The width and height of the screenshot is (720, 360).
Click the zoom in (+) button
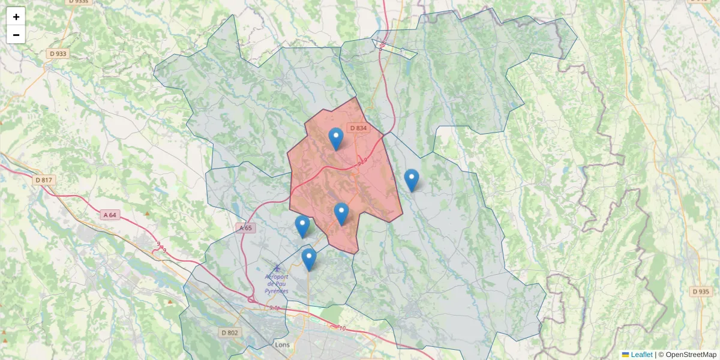pos(16,17)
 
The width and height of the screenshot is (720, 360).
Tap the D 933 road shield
pos(58,53)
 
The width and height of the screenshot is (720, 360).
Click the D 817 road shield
pos(44,180)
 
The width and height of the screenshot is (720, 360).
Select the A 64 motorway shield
pos(109,215)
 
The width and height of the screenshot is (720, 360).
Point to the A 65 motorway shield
pos(246,228)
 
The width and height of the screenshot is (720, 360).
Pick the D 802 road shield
pos(230,332)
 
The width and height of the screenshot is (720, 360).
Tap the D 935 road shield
pos(700,292)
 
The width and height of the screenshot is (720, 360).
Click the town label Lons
pos(282,345)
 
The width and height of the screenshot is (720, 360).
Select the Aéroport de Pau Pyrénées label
pos(277,284)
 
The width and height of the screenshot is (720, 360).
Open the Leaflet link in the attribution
pos(641,355)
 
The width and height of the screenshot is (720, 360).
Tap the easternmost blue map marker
pos(411,179)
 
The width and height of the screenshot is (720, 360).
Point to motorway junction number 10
pos(343,328)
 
